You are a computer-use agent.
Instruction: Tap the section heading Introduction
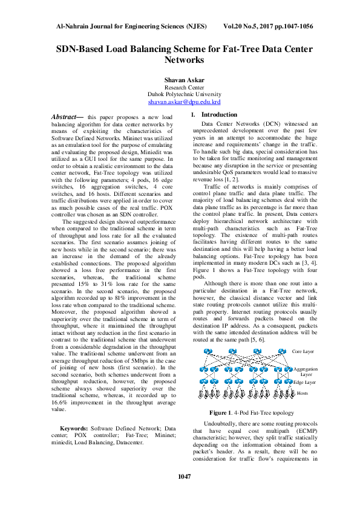tap(219, 114)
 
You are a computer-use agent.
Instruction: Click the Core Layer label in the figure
tap(303, 351)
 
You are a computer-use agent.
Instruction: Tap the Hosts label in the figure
tap(302, 393)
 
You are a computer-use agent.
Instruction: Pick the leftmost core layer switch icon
tap(208, 352)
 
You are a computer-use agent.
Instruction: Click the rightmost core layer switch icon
tap(282, 352)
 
